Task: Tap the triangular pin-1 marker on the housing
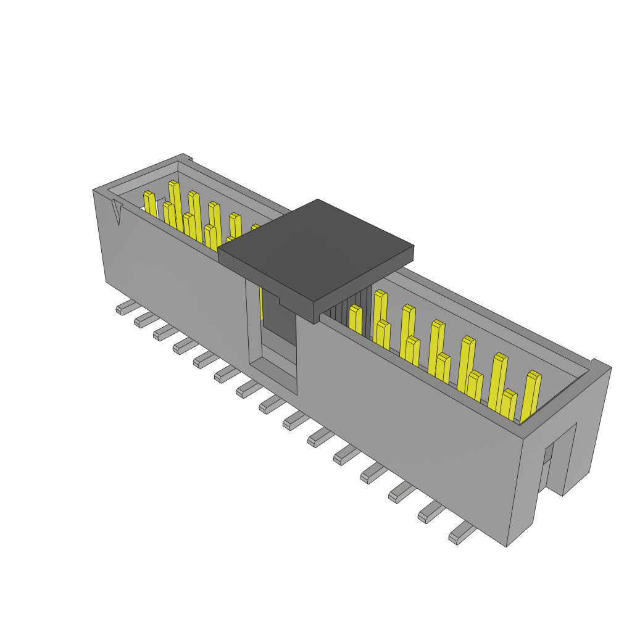tap(117, 213)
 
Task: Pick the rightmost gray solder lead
tap(462, 533)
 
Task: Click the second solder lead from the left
tap(146, 318)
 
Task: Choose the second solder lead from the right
tap(431, 512)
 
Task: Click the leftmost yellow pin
tap(149, 204)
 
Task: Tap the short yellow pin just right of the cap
tap(355, 319)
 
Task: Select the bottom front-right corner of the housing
tap(506, 546)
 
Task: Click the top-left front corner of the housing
tap(94, 191)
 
